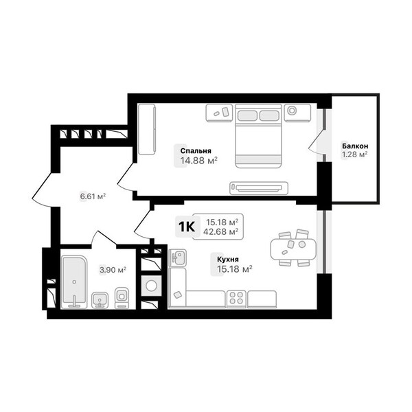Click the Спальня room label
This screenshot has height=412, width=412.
[x=196, y=151]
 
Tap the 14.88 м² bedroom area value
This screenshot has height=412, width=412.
[x=199, y=161]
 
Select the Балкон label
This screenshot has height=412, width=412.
[x=355, y=146]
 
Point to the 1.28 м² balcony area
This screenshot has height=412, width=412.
[x=354, y=154]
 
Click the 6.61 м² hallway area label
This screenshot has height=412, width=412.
[x=93, y=196]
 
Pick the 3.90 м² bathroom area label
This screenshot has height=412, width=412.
[x=113, y=270]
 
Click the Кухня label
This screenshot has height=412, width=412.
[x=227, y=260]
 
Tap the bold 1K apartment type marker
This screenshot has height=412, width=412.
[x=187, y=227]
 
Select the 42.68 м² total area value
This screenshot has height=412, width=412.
[x=220, y=232]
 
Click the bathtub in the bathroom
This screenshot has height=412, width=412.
[x=75, y=282]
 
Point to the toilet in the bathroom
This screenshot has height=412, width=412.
[x=122, y=298]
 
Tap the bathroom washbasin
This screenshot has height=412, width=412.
[x=100, y=300]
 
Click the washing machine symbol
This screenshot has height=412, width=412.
[x=151, y=286]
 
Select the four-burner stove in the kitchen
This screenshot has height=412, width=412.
[x=236, y=299]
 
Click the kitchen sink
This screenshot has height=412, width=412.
[x=178, y=258]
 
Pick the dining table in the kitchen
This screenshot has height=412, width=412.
[x=293, y=249]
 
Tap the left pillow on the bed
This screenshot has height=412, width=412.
[x=247, y=115]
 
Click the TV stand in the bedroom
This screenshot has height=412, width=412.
[x=259, y=188]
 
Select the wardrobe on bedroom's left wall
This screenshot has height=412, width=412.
[x=147, y=129]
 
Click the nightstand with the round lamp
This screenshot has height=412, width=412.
[x=298, y=113]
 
